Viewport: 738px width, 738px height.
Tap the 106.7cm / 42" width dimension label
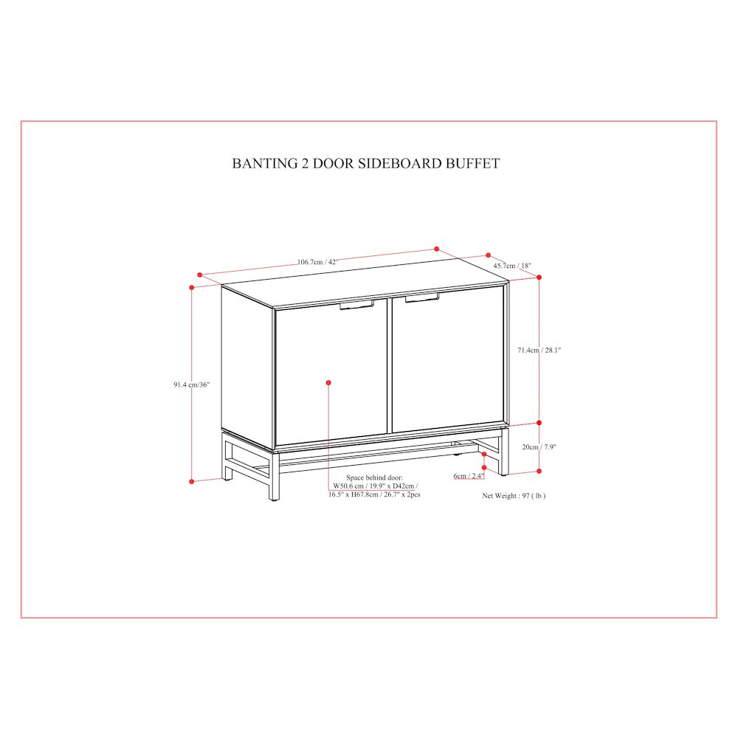coord(317,262)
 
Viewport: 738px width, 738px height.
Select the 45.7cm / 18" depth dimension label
coord(512,266)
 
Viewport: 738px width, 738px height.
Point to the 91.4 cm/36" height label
coord(192,384)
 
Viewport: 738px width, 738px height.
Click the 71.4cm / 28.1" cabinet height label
coord(539,350)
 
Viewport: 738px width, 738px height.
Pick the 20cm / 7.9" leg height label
coord(539,446)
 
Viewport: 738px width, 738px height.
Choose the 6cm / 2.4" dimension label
coord(469,476)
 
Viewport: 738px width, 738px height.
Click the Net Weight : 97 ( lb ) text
coord(514,496)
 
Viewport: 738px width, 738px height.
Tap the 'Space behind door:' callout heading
coord(375,477)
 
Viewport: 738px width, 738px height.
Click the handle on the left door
coord(356,305)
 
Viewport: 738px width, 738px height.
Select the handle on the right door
coord(422,297)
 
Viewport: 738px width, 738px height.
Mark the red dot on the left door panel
coord(328,382)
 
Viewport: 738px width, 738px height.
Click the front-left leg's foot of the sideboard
coord(274,497)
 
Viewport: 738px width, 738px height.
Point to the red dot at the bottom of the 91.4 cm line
coord(192,481)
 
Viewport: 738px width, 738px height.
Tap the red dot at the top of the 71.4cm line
coord(539,277)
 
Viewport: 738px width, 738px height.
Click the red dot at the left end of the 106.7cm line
coord(200,275)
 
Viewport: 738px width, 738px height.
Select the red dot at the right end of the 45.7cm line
coord(539,277)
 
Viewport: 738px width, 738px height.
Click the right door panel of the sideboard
coord(448,360)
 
